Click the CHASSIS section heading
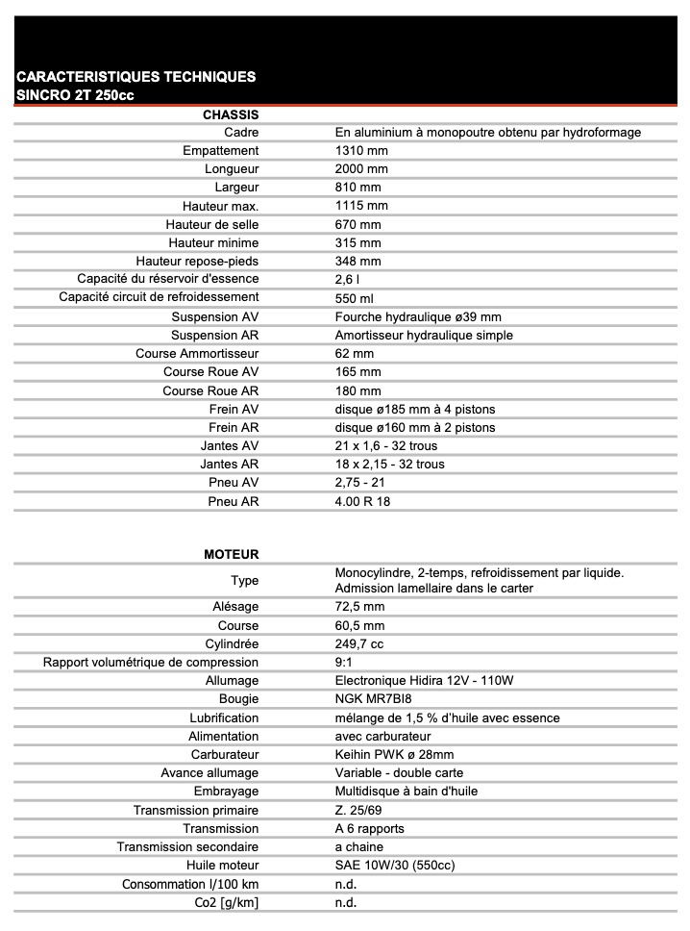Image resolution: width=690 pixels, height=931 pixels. click(231, 114)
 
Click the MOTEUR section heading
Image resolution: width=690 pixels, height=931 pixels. click(232, 555)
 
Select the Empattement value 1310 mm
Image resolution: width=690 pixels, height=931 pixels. click(361, 151)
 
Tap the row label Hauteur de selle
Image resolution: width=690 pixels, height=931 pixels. click(212, 224)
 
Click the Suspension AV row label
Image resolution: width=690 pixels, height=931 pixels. click(215, 316)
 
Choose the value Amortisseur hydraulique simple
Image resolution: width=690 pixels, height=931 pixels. click(424, 336)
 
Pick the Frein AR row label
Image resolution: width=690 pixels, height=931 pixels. click(234, 427)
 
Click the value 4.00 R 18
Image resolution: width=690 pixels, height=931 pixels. click(362, 501)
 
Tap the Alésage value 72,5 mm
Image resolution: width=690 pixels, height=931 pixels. click(359, 607)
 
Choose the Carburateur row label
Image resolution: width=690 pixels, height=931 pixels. click(225, 755)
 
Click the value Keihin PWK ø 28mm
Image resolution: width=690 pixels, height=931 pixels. click(394, 755)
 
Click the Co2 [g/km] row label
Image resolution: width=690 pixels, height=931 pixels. click(226, 902)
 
